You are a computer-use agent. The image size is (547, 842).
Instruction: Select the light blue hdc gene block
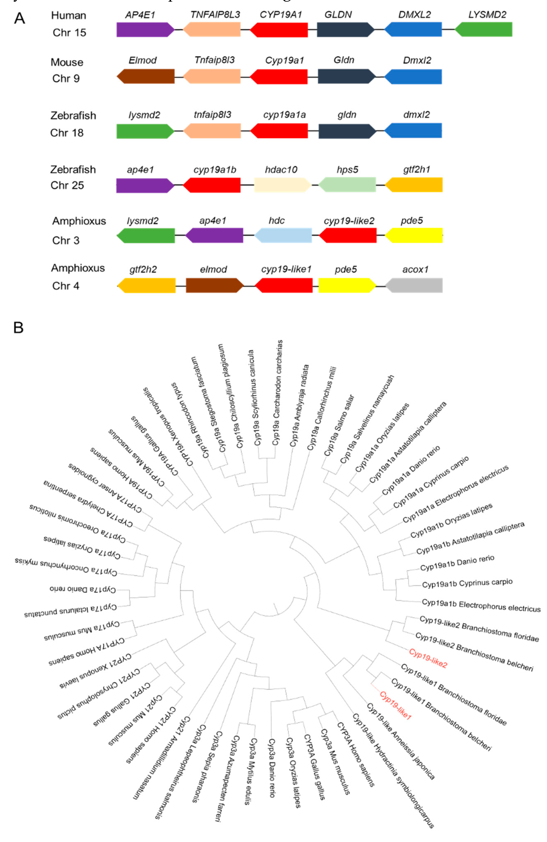point(283,235)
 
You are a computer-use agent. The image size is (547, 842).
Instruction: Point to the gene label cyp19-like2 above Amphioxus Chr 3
point(349,221)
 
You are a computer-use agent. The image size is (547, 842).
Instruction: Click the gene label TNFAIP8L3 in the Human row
point(215,14)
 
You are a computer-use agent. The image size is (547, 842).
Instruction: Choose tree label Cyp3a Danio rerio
point(272,768)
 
